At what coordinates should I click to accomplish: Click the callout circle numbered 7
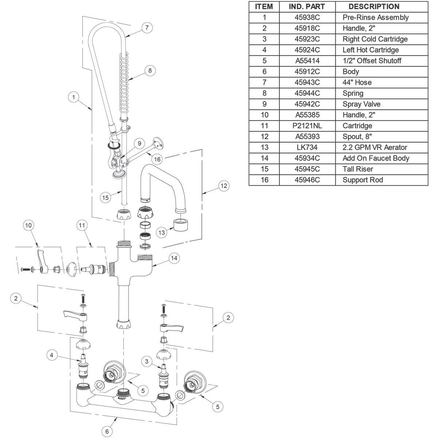tap(147, 28)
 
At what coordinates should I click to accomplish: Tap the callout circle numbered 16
tap(157, 159)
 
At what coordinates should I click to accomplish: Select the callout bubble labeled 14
tap(174, 258)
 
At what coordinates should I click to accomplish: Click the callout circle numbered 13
tap(162, 233)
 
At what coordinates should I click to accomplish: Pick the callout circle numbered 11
tap(82, 225)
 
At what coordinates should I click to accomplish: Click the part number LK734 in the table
tap(307, 147)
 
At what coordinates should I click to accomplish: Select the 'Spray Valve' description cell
tap(361, 104)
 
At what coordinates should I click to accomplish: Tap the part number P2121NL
tap(307, 126)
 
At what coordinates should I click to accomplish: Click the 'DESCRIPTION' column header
tap(374, 7)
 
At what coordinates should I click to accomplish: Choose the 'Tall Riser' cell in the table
tap(358, 169)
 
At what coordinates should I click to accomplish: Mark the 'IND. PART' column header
tap(307, 7)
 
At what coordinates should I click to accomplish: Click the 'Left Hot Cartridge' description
tap(370, 50)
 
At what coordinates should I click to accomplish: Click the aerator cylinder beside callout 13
tap(181, 225)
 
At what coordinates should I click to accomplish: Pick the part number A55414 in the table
tap(307, 61)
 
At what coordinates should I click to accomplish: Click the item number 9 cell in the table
tap(264, 104)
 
